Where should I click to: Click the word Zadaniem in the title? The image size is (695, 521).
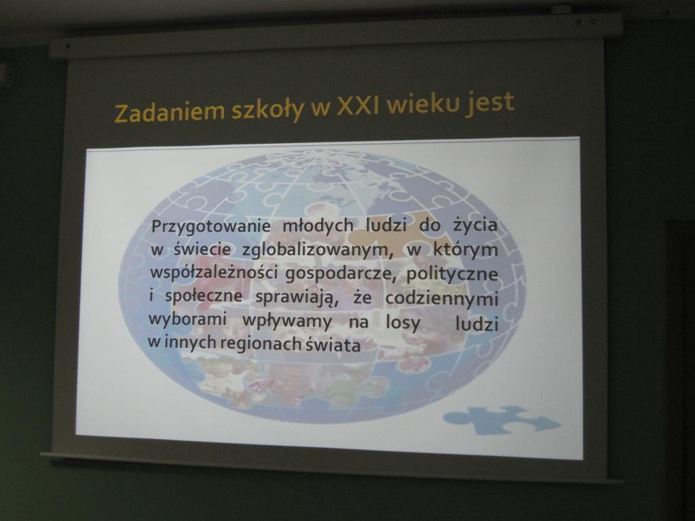(x=170, y=111)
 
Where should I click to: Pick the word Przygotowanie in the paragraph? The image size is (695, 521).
(x=211, y=227)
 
